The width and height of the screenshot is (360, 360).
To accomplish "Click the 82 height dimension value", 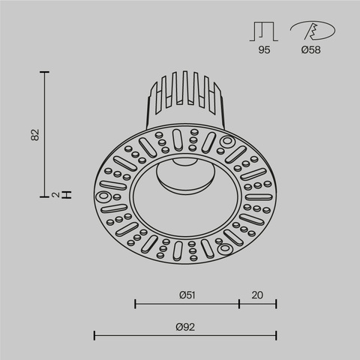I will (x=34, y=135).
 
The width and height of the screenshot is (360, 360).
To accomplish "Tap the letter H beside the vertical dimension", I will (x=67, y=194).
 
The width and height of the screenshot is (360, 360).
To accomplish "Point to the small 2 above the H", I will (x=57, y=194).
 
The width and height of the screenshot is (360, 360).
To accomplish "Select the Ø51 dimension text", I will (x=187, y=295).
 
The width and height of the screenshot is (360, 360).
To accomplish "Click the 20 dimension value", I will (x=257, y=295).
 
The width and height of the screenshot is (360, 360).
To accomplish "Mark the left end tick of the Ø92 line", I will (x=94, y=334).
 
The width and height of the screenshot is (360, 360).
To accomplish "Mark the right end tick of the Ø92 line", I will (x=277, y=334).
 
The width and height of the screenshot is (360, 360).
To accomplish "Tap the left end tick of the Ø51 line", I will (x=135, y=304).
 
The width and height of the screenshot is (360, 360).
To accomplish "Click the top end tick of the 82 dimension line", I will (x=46, y=72).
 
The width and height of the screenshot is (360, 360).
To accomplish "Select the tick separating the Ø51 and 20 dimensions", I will (x=238, y=304).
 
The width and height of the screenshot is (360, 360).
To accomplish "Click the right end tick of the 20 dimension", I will (x=277, y=304).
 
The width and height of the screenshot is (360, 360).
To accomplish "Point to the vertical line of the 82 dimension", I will (x=46, y=135).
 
